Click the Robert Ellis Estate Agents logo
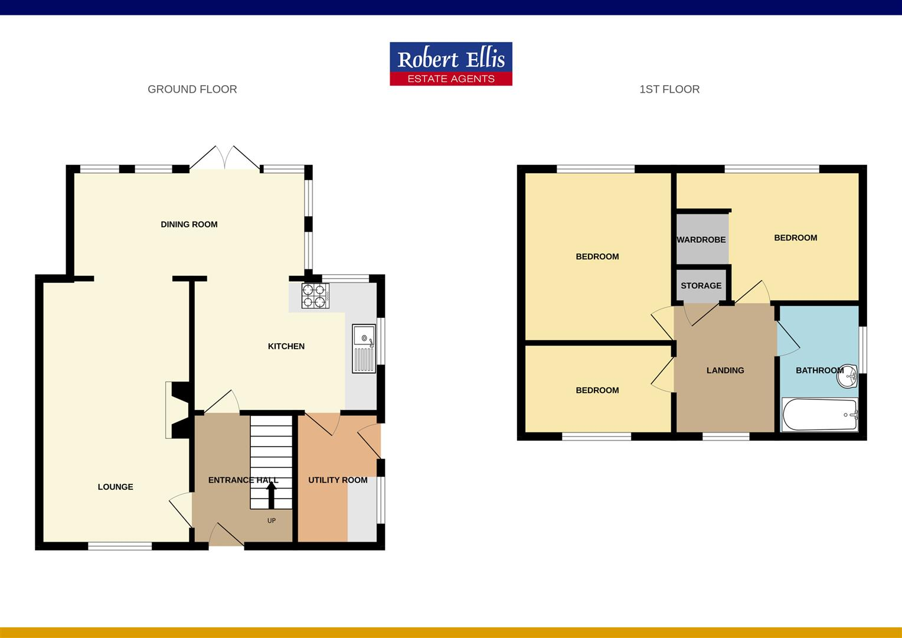click(x=451, y=64)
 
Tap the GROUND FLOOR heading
click(x=192, y=89)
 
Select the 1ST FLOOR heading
click(x=669, y=89)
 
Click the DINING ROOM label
click(x=189, y=224)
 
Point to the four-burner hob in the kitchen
click(x=315, y=296)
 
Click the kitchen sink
click(x=364, y=349)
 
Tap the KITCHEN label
click(x=286, y=346)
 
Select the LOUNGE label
click(x=115, y=487)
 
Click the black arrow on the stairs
click(x=272, y=495)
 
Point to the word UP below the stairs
click(x=272, y=520)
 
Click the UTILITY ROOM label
click(x=338, y=480)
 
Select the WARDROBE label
click(x=701, y=240)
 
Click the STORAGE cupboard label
click(x=701, y=285)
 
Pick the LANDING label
click(x=725, y=370)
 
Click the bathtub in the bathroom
click(x=819, y=415)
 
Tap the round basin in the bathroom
click(x=847, y=377)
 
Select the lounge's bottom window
click(x=120, y=546)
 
